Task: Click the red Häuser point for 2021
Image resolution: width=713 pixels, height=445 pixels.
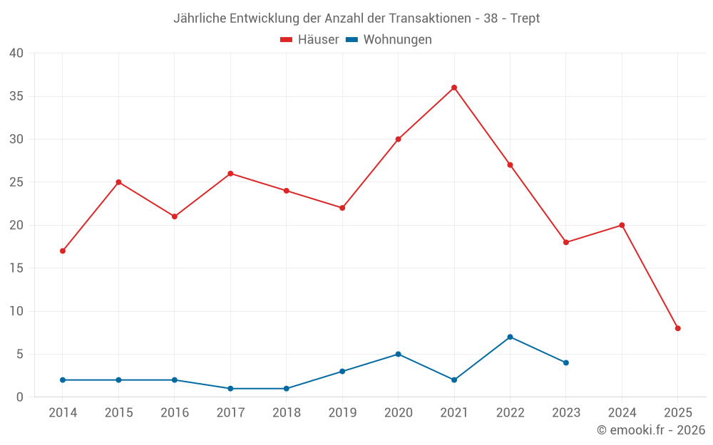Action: (x=454, y=88)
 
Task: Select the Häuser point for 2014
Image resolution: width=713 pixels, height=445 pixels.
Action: (x=63, y=251)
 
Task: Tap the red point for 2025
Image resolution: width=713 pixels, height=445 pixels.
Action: (x=678, y=328)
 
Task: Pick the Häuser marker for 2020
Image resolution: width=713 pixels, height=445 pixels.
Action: (x=398, y=139)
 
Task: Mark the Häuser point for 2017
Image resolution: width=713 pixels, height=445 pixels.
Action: (x=230, y=174)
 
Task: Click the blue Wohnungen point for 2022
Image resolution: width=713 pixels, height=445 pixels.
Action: (x=510, y=337)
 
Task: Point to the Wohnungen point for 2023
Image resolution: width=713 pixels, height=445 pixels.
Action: (x=566, y=362)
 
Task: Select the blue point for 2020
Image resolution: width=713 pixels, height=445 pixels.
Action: (x=398, y=354)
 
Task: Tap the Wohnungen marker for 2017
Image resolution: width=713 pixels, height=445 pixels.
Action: (x=230, y=389)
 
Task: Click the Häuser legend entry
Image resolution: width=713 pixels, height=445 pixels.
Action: (x=309, y=40)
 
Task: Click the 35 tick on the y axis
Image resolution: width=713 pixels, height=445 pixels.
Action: (x=16, y=96)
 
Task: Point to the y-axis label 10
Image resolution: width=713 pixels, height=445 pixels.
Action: (x=16, y=311)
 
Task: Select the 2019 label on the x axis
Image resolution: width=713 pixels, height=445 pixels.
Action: (x=342, y=413)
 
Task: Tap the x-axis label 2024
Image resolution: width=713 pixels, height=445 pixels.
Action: (x=622, y=413)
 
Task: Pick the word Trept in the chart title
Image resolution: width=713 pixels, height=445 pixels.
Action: (x=525, y=19)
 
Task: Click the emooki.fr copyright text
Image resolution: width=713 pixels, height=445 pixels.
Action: (x=651, y=430)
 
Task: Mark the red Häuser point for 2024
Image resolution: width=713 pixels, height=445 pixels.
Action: (x=622, y=225)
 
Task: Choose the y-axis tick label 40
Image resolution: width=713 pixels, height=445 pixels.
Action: (x=16, y=53)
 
